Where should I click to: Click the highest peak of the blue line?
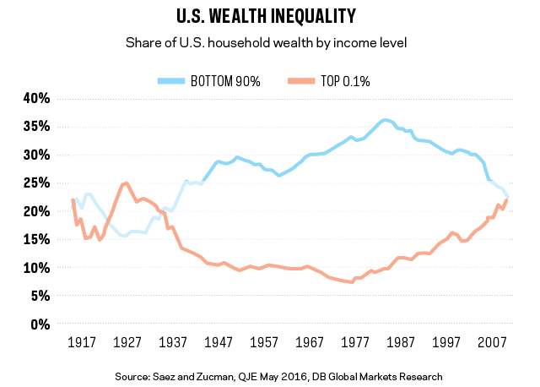386,120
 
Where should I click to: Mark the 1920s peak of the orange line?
125,183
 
